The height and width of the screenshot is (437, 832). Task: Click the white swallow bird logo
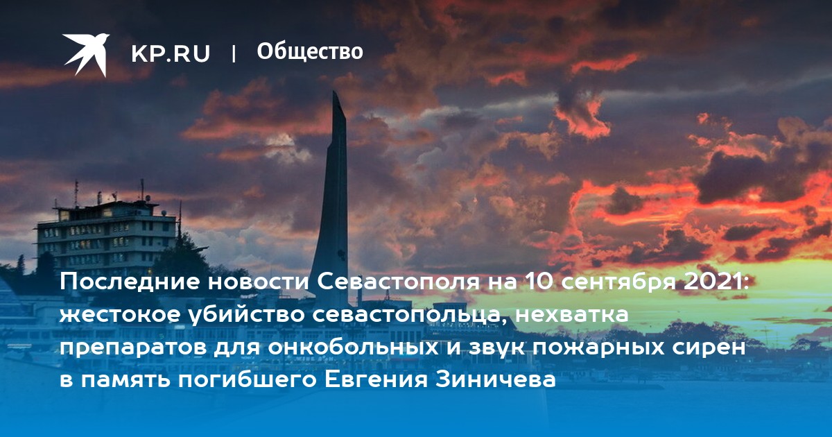pyautogui.click(x=86, y=54)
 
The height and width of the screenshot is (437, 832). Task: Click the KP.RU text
pyautogui.click(x=171, y=53)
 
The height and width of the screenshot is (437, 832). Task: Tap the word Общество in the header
pyautogui.click(x=310, y=52)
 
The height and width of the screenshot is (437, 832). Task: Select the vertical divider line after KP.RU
pyautogui.click(x=234, y=53)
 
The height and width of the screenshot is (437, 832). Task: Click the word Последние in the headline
pyautogui.click(x=130, y=282)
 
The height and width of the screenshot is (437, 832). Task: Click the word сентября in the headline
pyautogui.click(x=618, y=282)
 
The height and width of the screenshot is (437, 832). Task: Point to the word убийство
pyautogui.click(x=246, y=315)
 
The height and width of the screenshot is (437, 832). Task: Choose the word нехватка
pyautogui.click(x=572, y=315)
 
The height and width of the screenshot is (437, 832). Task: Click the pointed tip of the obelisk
pyautogui.click(x=334, y=92)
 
